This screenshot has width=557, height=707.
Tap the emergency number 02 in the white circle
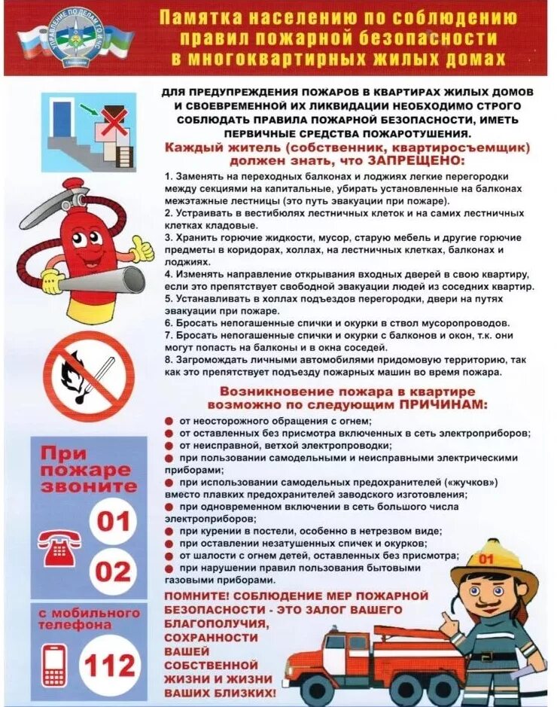click(x=114, y=571)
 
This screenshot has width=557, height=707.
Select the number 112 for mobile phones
click(x=111, y=665)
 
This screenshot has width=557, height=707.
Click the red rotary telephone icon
click(x=60, y=547)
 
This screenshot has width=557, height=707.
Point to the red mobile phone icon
click(x=54, y=665)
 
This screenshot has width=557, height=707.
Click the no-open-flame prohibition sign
click(x=88, y=376)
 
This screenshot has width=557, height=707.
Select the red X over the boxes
click(x=114, y=121)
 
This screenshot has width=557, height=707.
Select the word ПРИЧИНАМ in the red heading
click(x=441, y=404)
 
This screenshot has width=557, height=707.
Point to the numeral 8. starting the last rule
click(x=169, y=360)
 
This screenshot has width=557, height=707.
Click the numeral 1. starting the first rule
click(x=169, y=175)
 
